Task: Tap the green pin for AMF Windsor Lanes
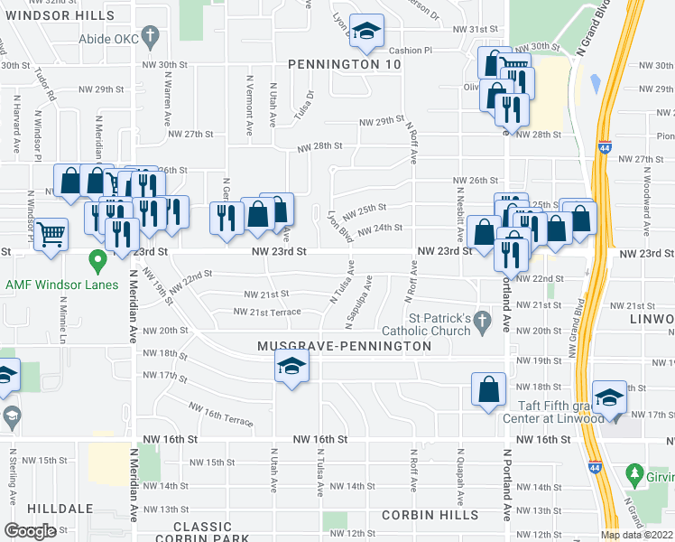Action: click(x=98, y=264)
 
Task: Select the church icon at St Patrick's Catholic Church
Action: click(x=483, y=321)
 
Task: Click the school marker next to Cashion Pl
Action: click(x=366, y=32)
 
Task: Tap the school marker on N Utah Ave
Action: click(x=291, y=367)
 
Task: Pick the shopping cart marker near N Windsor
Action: click(x=51, y=234)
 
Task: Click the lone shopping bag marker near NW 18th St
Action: click(x=488, y=390)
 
